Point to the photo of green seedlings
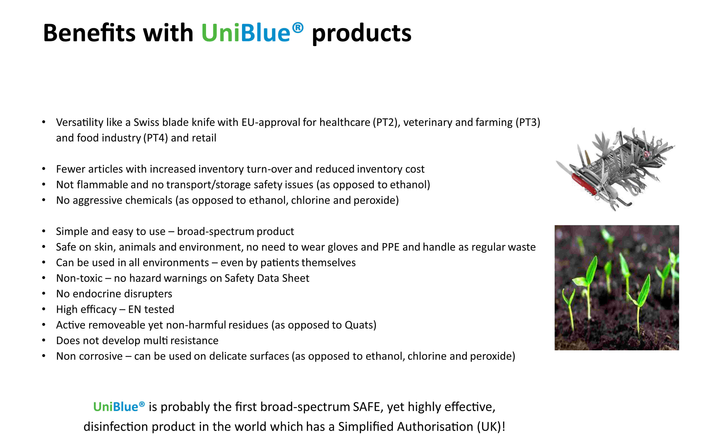pyautogui.click(x=617, y=287)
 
